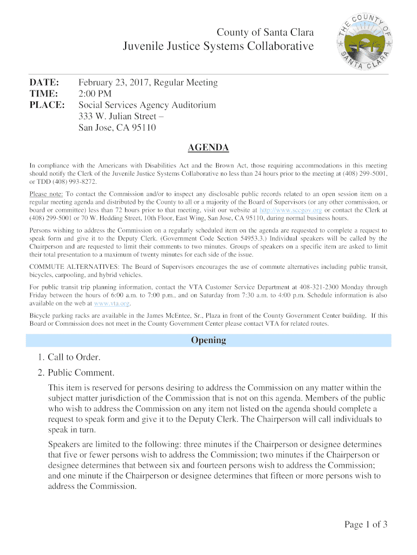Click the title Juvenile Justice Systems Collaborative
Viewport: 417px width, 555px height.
218,47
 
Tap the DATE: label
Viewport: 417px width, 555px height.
44,83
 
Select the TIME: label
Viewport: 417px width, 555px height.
43,94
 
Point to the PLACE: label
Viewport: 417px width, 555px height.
47,105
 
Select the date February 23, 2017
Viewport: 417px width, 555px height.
114,83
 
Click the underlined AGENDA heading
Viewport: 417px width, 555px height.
208,148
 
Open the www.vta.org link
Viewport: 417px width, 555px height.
112,304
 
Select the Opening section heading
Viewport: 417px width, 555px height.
208,340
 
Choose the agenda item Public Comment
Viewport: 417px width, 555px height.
81,373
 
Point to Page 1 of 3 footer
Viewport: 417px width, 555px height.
366,524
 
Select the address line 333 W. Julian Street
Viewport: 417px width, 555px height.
121,117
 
